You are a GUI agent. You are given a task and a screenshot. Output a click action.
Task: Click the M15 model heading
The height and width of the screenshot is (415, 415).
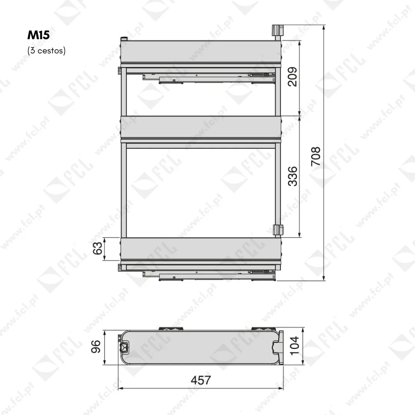(38, 35)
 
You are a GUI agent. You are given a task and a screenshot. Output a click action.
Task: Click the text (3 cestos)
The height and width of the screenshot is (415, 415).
(46, 50)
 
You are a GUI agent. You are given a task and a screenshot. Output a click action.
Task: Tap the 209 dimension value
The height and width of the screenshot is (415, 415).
(292, 77)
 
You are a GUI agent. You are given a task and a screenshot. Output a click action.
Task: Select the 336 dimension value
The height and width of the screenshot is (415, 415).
(292, 176)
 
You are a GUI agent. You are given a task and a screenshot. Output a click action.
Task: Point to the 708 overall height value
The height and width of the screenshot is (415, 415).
(315, 156)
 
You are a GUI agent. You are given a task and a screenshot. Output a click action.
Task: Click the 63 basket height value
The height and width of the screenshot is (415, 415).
(97, 248)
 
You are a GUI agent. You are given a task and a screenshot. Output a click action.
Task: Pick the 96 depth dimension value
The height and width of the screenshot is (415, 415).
(96, 347)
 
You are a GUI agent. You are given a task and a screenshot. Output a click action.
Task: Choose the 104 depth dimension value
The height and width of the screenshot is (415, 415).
(294, 346)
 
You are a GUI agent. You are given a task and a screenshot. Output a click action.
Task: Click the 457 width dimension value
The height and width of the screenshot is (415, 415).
(201, 380)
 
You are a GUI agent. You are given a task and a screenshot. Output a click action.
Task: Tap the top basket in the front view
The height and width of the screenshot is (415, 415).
(201, 51)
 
